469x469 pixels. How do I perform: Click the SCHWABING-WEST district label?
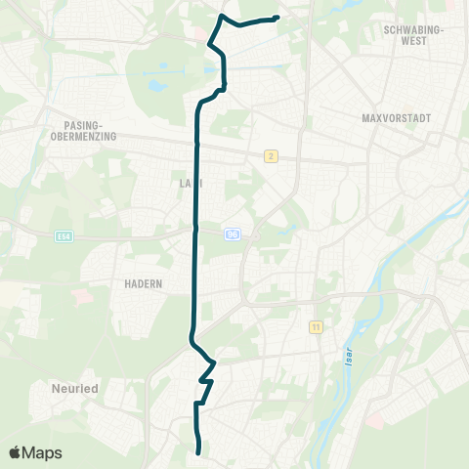coord(414,35)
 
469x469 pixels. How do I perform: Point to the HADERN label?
coord(143,283)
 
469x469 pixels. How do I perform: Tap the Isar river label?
coord(347,358)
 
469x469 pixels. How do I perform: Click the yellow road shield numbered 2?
coord(271,156)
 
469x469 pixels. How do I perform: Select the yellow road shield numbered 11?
coord(315,326)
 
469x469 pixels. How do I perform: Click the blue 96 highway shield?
coord(232,234)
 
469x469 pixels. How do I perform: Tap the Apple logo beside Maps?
coord(15,452)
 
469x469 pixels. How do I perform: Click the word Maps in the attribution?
coord(42,452)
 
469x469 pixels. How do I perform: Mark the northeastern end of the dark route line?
coord(278,18)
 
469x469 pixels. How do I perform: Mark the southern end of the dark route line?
coord(199,452)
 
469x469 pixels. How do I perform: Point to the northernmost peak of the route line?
coord(224,17)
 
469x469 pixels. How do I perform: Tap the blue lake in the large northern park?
coord(155,85)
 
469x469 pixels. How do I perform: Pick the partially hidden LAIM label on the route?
coord(191,182)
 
